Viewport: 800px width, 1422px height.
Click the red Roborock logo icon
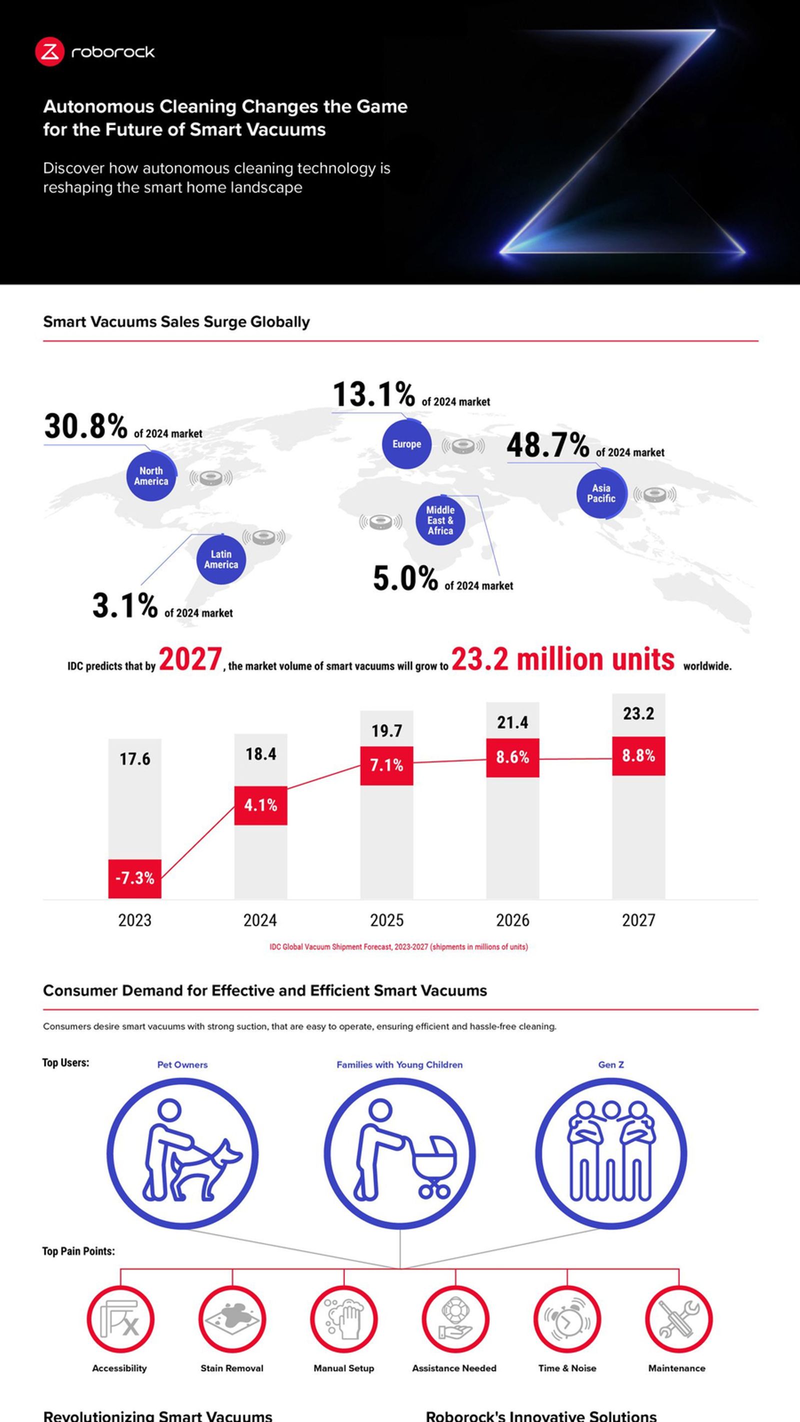(x=49, y=52)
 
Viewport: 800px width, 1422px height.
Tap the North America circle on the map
(x=151, y=476)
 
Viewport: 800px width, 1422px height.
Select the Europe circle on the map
(x=406, y=444)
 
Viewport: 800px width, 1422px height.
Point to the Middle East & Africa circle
(x=440, y=520)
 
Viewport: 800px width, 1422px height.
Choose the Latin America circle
(x=221, y=559)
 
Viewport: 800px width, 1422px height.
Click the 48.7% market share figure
(x=547, y=445)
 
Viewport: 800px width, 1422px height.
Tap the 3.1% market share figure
(x=125, y=605)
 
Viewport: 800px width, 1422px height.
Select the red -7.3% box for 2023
(x=134, y=878)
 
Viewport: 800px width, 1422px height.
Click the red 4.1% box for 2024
(x=260, y=805)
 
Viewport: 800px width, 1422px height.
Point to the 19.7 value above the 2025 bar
(x=386, y=731)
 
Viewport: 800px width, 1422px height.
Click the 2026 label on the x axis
(x=512, y=920)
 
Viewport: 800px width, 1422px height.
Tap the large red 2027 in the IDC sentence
(x=190, y=659)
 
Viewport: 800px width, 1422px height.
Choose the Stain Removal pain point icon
(x=232, y=1320)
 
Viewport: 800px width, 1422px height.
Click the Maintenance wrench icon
(x=678, y=1320)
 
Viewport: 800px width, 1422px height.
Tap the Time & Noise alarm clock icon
(x=567, y=1320)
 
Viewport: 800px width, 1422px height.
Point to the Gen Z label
(x=610, y=1065)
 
